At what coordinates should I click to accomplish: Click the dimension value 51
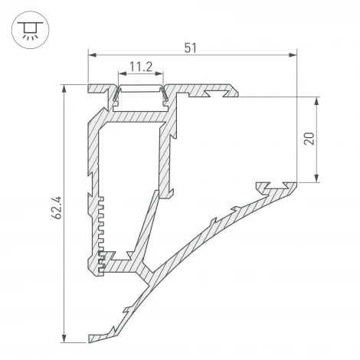coord(191,47)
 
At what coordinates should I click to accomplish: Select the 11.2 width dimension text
coord(139,67)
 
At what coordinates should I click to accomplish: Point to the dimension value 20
coord(308,139)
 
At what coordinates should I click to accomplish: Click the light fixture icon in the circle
coord(29,30)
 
